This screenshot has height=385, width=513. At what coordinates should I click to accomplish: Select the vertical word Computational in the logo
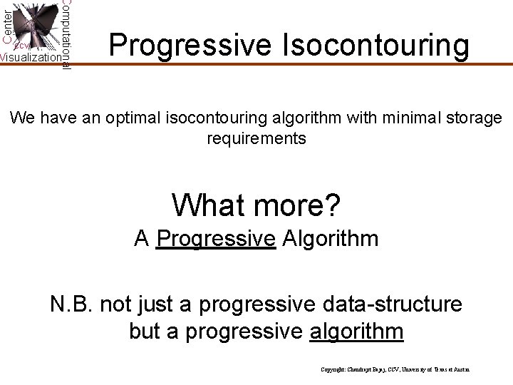[66, 34]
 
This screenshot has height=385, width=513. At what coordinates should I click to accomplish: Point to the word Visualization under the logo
[31, 58]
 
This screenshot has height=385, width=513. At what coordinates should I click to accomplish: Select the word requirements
[256, 138]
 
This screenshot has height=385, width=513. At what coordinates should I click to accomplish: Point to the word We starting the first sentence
[22, 117]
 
